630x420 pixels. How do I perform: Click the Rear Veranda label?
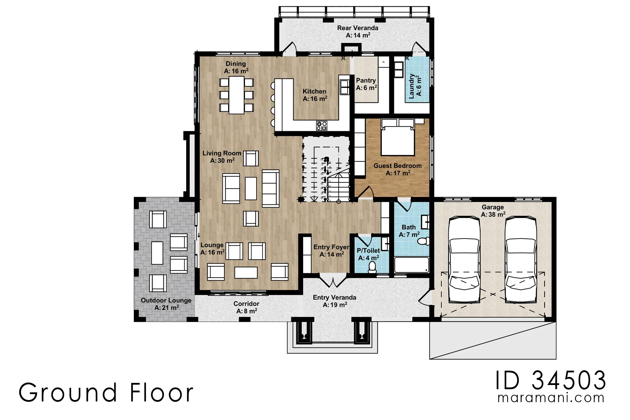point(358,31)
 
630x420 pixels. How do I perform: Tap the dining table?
point(237,95)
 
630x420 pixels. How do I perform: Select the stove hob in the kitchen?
point(322,126)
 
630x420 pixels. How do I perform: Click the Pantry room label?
point(366,84)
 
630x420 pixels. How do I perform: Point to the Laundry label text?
point(415,86)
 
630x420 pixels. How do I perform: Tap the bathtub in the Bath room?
point(412,265)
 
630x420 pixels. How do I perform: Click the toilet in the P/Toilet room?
point(372,267)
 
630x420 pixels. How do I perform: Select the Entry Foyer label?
point(331,251)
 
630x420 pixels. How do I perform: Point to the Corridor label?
point(246,307)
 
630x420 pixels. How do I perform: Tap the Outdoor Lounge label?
point(166,304)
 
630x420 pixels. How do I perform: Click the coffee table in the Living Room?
point(251,188)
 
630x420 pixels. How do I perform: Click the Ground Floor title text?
point(106,392)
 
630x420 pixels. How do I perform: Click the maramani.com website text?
point(551,398)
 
